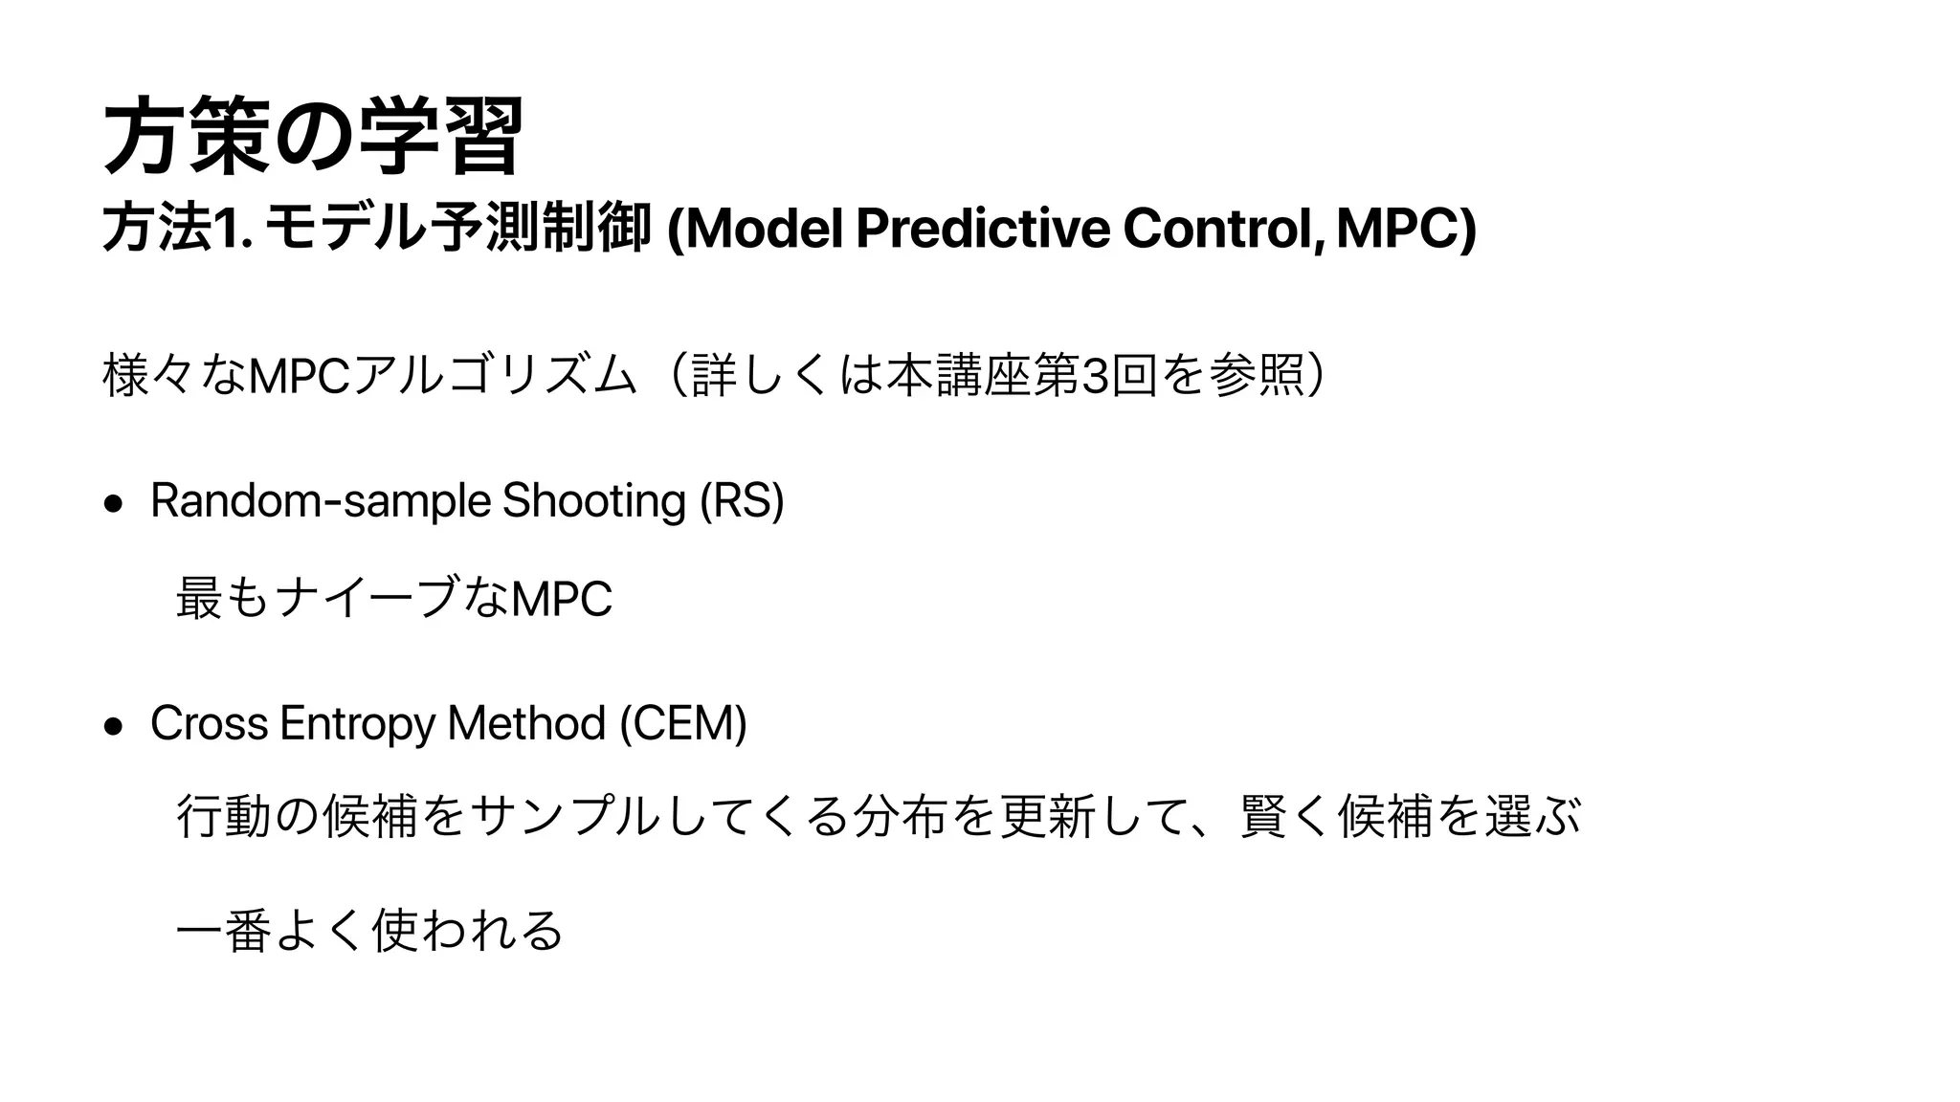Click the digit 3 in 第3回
1092,376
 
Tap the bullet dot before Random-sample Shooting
114,504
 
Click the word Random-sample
321,500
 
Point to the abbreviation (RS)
742,500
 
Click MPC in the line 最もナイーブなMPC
563,600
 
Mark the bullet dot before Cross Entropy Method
114,726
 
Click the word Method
525,723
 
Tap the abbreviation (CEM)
683,723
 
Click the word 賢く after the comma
1285,816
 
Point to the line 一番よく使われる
369,931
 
